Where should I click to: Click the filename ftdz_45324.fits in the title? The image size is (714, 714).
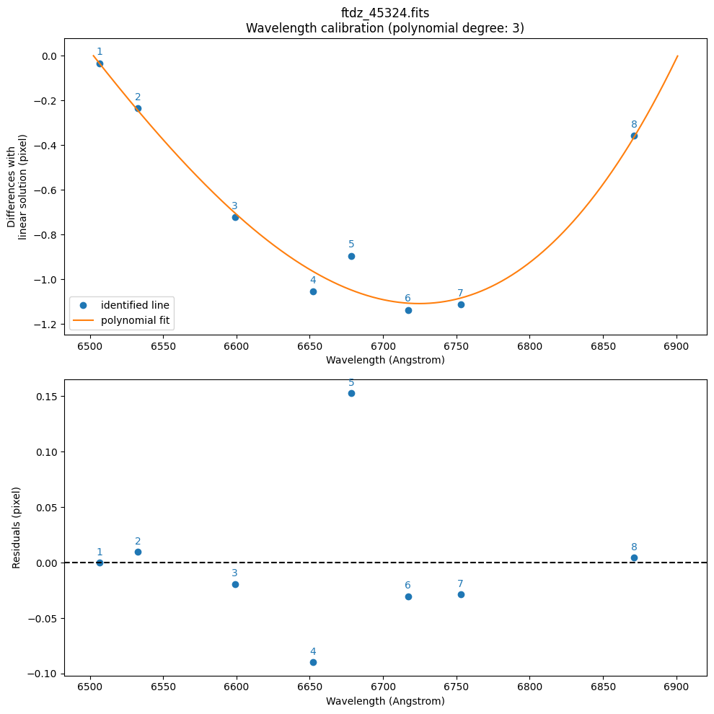click(385, 13)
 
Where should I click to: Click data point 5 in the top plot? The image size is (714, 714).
click(351, 256)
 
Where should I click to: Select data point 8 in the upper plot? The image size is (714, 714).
click(634, 136)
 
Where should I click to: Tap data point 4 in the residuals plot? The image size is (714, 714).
click(313, 662)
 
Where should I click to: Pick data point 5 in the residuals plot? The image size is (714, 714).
click(351, 393)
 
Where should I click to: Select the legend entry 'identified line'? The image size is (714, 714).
click(135, 305)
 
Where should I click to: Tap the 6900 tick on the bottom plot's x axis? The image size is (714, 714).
click(676, 687)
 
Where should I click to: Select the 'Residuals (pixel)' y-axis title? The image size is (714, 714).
click(17, 527)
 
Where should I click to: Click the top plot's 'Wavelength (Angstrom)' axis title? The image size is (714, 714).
click(385, 360)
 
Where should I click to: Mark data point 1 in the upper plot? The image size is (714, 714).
click(100, 63)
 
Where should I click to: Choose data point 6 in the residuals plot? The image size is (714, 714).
click(408, 596)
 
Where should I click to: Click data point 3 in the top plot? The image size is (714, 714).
click(235, 217)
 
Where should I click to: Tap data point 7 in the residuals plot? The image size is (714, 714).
click(461, 594)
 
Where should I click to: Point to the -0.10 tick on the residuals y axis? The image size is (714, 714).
click(45, 674)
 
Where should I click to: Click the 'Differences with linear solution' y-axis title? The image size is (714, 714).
click(17, 186)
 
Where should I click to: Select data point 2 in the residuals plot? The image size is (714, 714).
click(138, 552)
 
